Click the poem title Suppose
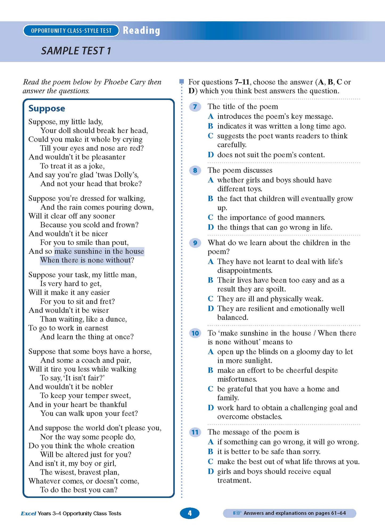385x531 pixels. click(47, 108)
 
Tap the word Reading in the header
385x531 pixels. click(141, 30)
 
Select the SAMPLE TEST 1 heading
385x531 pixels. click(76, 51)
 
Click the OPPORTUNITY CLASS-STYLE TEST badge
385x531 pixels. click(71, 31)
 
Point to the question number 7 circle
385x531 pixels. click(195, 107)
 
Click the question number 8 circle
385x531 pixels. click(195, 170)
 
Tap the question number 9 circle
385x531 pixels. click(195, 243)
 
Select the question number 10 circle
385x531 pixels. click(195, 333)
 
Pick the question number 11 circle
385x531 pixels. click(195, 432)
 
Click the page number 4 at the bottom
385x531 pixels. click(189, 513)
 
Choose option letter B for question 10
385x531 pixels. click(210, 370)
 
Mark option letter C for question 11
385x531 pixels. click(210, 461)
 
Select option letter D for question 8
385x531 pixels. click(210, 227)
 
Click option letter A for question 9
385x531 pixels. click(210, 262)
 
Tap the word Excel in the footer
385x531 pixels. click(28, 513)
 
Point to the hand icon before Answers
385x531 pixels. click(237, 513)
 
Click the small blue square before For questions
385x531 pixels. click(182, 81)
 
